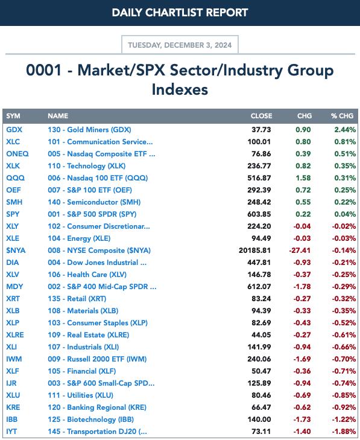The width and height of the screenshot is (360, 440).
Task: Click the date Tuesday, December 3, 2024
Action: click(x=180, y=45)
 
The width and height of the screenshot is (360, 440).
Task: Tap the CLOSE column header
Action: click(x=261, y=116)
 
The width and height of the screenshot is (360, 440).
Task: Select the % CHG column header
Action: click(x=342, y=116)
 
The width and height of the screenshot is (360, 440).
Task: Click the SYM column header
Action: click(x=13, y=116)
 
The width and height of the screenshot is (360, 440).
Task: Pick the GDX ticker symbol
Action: click(x=14, y=130)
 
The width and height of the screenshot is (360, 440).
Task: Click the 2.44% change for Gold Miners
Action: click(x=345, y=130)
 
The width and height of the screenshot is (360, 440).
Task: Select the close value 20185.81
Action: click(x=255, y=250)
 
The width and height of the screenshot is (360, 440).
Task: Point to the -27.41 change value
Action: click(x=300, y=250)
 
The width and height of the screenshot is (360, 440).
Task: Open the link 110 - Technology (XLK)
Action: click(x=87, y=166)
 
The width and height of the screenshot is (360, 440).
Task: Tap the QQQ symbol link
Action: click(x=16, y=178)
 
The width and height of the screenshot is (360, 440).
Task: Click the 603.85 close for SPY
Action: click(x=259, y=214)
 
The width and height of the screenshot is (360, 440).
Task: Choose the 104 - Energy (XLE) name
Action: click(x=79, y=238)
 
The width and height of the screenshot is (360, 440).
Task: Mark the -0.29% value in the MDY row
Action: click(x=344, y=287)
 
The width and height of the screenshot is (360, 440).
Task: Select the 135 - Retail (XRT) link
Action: click(x=77, y=299)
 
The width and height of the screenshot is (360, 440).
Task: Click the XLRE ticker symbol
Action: click(x=15, y=335)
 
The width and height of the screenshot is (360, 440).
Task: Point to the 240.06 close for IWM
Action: click(x=259, y=359)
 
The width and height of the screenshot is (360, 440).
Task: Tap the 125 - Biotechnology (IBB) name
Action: click(x=90, y=419)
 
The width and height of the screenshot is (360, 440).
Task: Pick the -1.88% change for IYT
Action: click(x=344, y=432)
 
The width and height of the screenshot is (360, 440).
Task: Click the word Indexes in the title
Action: click(x=180, y=89)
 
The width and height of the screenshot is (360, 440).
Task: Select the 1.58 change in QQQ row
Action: click(x=303, y=178)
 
